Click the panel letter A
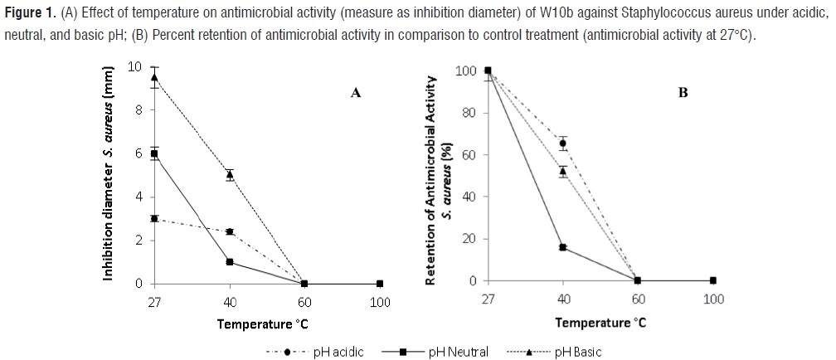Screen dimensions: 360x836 pyautogui.click(x=356, y=93)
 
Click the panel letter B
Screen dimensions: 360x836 pyautogui.click(x=683, y=93)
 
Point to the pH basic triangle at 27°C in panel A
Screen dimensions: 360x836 pyautogui.click(x=154, y=78)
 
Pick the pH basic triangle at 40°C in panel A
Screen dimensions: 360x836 pyautogui.click(x=230, y=174)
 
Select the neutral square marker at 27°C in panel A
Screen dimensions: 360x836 pyautogui.click(x=154, y=153)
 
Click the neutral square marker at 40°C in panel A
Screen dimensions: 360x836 pyautogui.click(x=230, y=262)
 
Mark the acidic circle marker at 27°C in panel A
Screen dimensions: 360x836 pyautogui.click(x=154, y=218)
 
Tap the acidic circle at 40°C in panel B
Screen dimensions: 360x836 pyautogui.click(x=563, y=144)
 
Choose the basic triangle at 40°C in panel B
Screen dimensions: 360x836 pyautogui.click(x=563, y=171)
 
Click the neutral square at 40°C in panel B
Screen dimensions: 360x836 pyautogui.click(x=563, y=247)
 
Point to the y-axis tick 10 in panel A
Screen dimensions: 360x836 pyautogui.click(x=135, y=66)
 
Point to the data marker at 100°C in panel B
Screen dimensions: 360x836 pyautogui.click(x=713, y=280)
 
